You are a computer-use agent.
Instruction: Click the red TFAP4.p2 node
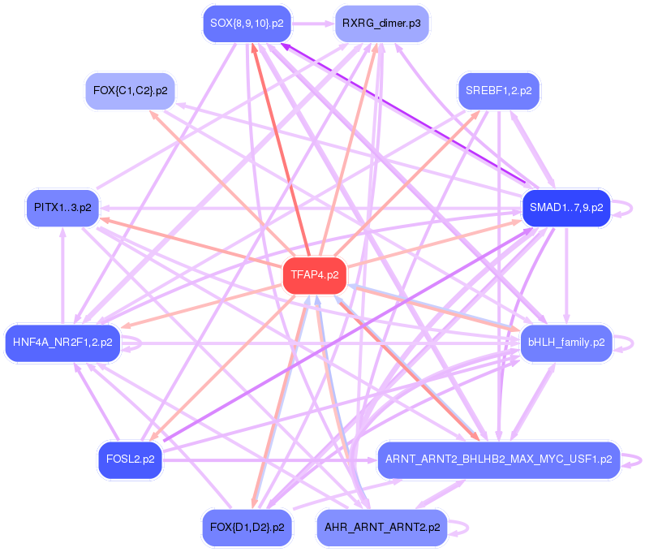click(315, 275)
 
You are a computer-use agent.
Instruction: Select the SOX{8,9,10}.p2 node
click(247, 24)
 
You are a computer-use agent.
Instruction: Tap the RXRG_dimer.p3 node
click(381, 24)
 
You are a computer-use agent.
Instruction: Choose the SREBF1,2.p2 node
click(498, 90)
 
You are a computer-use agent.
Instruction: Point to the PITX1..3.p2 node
click(62, 208)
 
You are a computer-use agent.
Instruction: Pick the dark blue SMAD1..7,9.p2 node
click(566, 208)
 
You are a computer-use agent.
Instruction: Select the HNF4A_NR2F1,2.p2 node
click(62, 343)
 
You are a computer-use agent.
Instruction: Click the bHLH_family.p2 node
click(566, 343)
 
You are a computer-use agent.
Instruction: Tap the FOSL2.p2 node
click(131, 459)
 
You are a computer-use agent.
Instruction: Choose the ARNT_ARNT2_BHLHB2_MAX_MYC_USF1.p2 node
click(498, 459)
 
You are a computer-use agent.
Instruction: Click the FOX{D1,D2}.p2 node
click(247, 527)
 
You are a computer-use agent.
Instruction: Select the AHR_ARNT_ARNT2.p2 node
click(381, 527)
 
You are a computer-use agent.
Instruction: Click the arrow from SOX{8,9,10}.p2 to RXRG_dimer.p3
click(313, 24)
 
